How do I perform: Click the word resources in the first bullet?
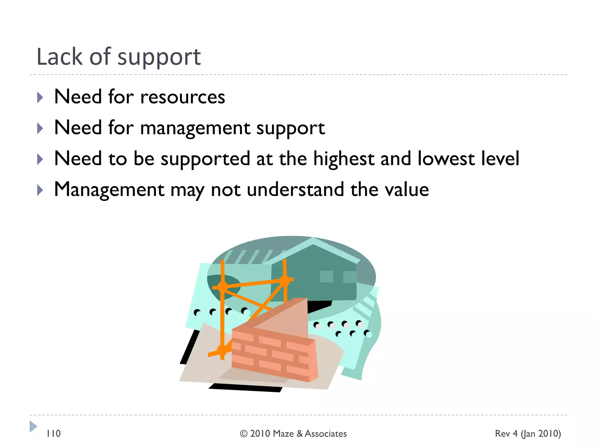(x=182, y=97)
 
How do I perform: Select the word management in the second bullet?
(x=195, y=128)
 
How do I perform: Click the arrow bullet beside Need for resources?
(x=40, y=98)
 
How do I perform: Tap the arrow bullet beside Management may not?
(x=40, y=190)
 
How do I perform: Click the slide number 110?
(x=54, y=434)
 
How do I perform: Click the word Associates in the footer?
(x=326, y=434)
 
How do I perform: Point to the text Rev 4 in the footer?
(x=506, y=434)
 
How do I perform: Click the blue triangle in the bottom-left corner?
(x=33, y=426)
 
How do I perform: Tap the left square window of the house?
(x=326, y=276)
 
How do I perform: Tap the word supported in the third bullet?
(x=206, y=159)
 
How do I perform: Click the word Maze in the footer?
(x=283, y=434)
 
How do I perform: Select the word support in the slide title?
(x=159, y=57)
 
